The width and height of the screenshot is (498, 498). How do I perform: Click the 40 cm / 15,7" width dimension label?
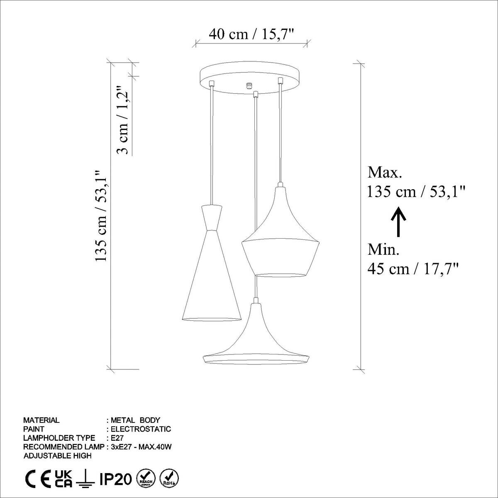tap(251, 34)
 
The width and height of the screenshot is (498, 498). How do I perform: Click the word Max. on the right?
tap(385, 172)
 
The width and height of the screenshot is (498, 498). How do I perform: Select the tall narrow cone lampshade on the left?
tap(212, 274)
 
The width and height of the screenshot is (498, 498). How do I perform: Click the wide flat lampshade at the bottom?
tap(256, 344)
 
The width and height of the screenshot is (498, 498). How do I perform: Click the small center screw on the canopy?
tap(249, 85)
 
